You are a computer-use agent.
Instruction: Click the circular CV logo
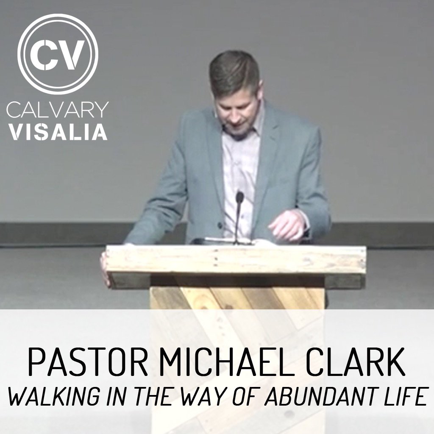58,54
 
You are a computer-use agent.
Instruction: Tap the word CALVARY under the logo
57,110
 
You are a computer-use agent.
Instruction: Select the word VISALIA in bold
58,132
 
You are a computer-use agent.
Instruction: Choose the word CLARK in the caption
355,362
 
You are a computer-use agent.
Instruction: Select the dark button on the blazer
220,225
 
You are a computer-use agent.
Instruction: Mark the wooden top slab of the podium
236,260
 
